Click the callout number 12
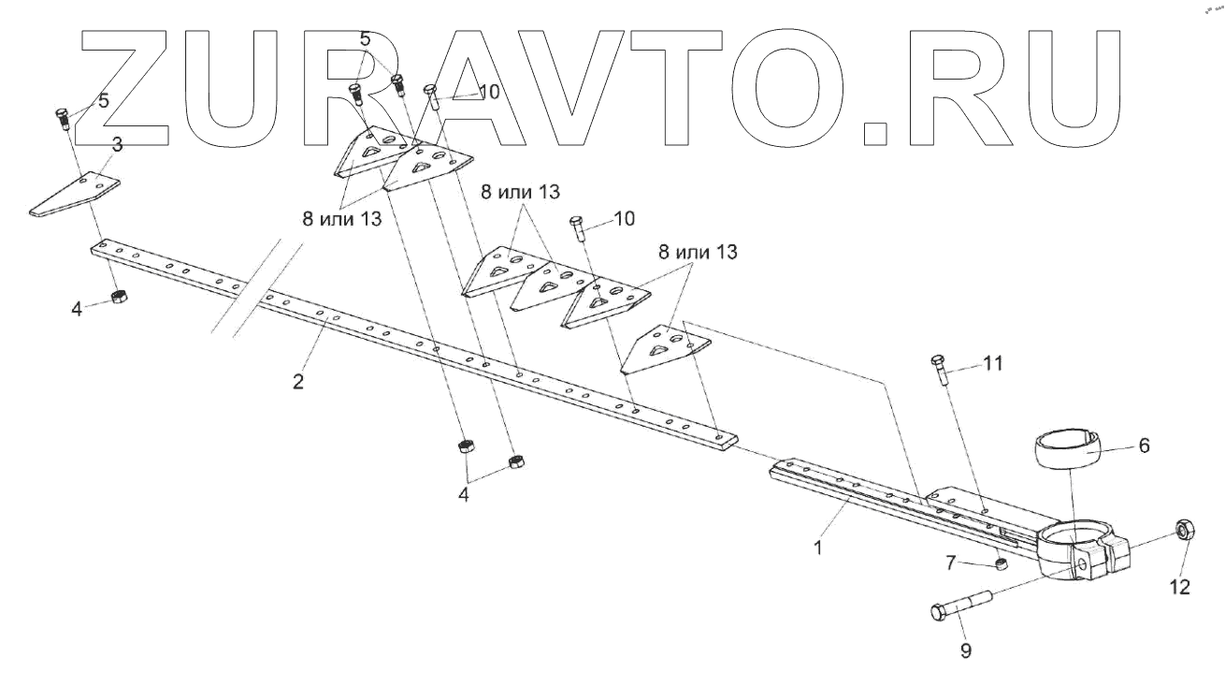click(1179, 587)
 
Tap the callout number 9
click(966, 649)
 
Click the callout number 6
click(1144, 446)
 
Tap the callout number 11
click(992, 363)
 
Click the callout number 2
click(297, 382)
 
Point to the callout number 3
click(117, 143)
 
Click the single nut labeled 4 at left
click(119, 297)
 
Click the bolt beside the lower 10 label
click(577, 227)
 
